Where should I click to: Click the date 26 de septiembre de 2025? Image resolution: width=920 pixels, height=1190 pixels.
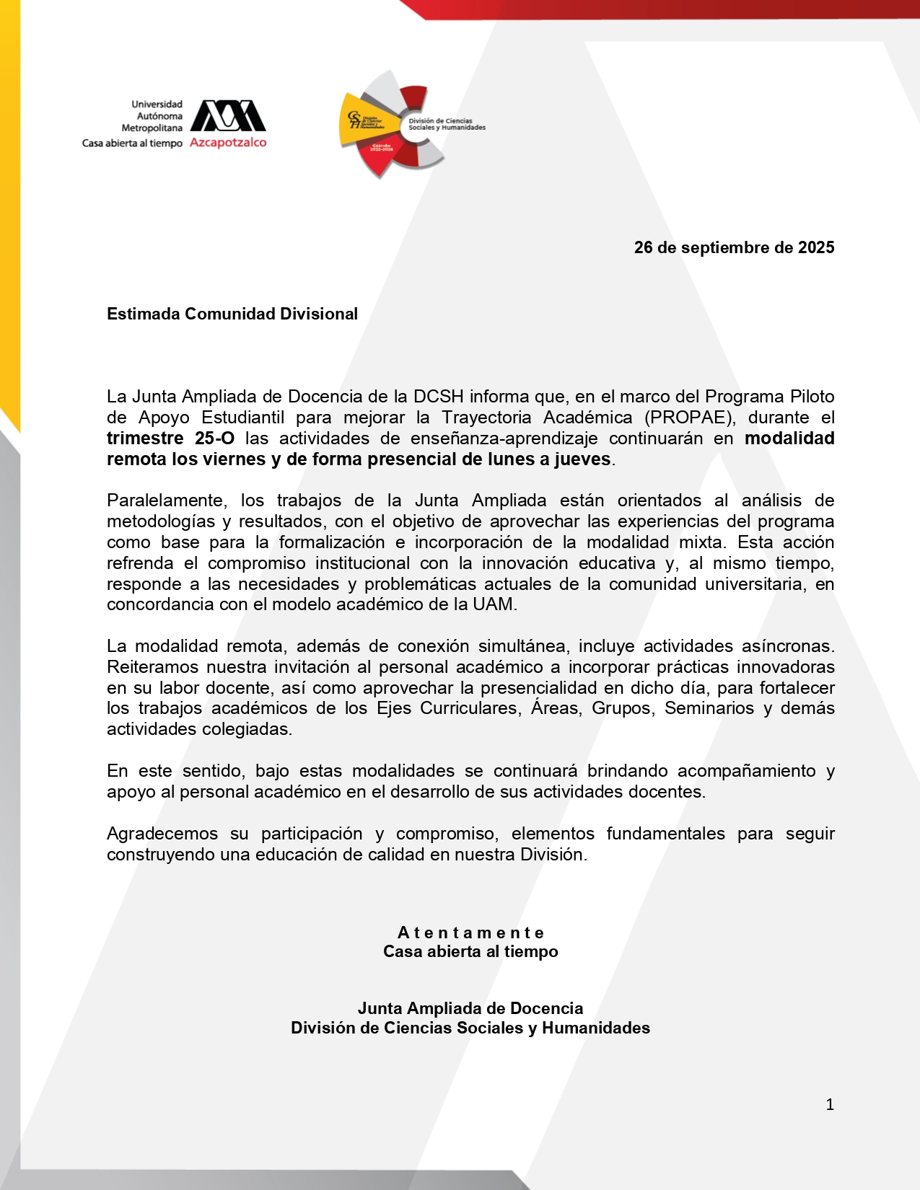734,247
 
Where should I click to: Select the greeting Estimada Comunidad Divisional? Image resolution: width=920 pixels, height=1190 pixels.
232,314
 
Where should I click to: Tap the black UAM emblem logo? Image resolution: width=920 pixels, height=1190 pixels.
228,116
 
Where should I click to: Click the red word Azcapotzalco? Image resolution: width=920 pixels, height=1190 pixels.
228,143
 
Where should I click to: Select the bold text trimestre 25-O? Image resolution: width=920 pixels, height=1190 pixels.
171,438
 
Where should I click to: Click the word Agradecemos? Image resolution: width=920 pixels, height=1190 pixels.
162,834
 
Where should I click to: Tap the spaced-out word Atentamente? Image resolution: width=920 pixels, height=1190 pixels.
470,933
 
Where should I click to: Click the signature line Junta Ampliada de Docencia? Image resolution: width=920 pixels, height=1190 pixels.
470,1008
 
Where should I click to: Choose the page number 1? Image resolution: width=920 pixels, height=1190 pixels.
830,1104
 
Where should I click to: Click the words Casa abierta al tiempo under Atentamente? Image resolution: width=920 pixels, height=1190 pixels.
470,952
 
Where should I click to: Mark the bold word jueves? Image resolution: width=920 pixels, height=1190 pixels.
582,459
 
